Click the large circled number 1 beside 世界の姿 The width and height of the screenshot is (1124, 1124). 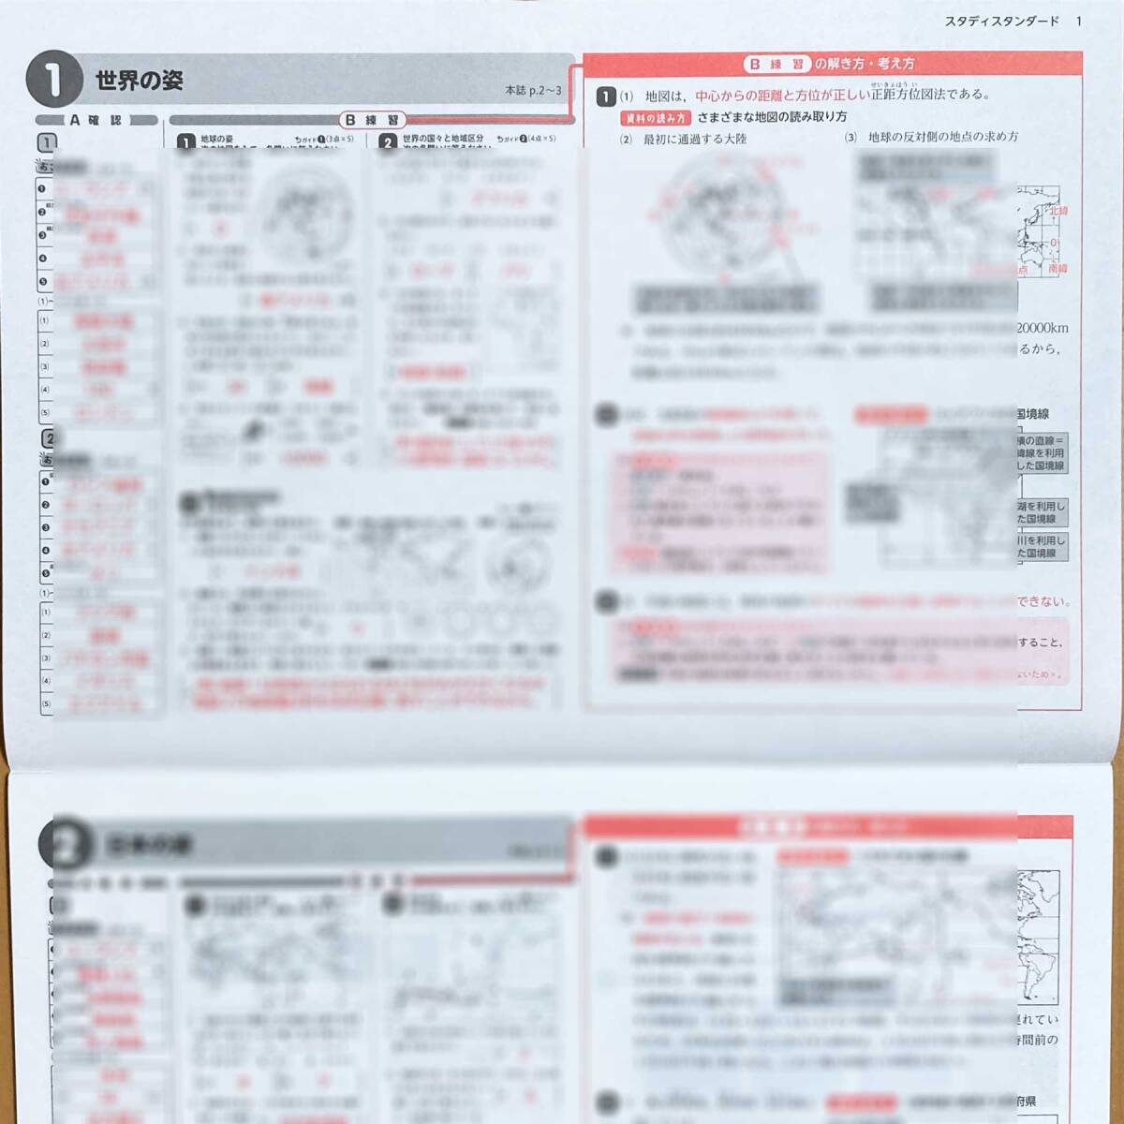pos(54,80)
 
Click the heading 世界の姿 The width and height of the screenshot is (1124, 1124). pos(139,81)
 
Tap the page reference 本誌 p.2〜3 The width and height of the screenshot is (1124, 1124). pos(533,90)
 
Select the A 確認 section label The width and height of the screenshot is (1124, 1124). pos(96,120)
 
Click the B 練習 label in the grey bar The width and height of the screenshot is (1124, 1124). pos(372,120)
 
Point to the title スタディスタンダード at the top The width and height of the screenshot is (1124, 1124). pos(1000,21)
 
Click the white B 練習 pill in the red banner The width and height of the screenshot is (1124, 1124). pos(777,64)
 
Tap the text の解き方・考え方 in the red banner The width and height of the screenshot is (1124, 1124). pos(864,64)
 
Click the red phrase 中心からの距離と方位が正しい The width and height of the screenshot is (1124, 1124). pos(782,95)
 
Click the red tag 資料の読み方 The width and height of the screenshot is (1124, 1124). pos(655,118)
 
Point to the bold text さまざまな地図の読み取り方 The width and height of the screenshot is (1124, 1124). pos(772,117)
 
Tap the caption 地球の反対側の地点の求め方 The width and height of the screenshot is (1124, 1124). pos(943,137)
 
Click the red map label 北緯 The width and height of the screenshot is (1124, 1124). pos(1057,211)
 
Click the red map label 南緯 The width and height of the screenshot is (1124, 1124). pos(1057,268)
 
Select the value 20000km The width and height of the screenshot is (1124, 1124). pos(1042,328)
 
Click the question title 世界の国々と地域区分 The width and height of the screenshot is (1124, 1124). pos(443,139)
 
